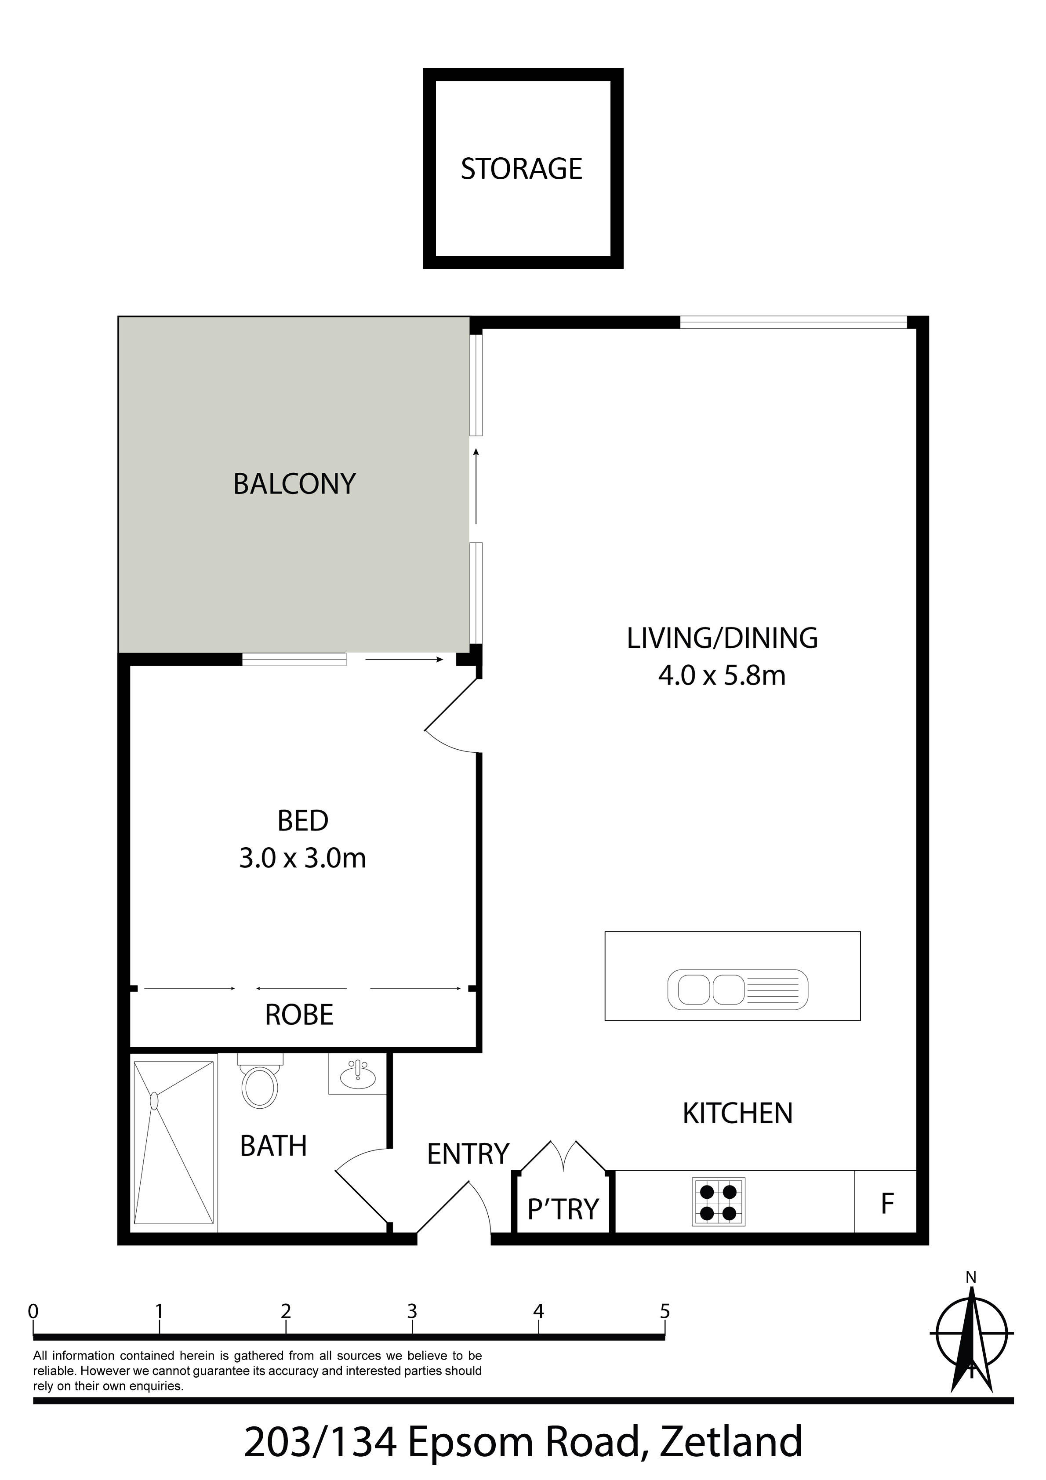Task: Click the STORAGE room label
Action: point(521,169)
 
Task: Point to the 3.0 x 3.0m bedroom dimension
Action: point(302,859)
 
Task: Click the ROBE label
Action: point(299,1015)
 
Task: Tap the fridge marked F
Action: point(886,1201)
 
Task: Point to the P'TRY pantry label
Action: point(563,1210)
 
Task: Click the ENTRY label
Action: point(468,1154)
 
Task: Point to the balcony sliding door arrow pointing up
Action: point(476,486)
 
